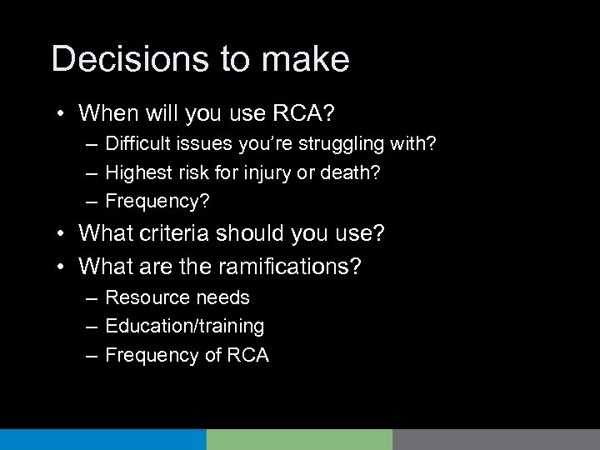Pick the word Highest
point(137,172)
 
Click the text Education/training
point(185,326)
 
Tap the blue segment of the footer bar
point(102,439)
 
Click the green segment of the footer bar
point(299,439)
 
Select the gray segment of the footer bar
point(496,439)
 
